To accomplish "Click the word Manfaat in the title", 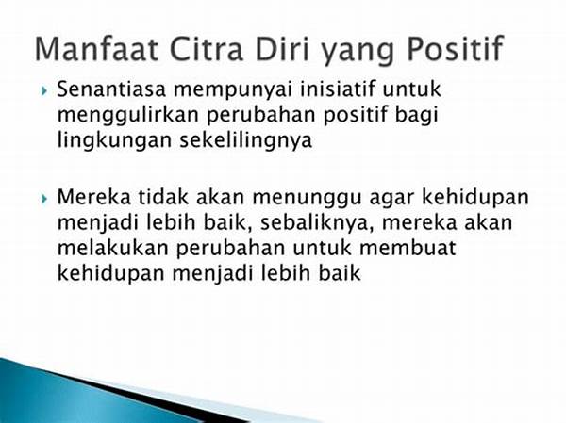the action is pos(97,49).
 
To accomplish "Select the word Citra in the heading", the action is pos(207,49).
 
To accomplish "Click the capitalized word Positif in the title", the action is pos(454,49).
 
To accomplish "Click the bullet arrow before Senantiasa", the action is pos(44,90).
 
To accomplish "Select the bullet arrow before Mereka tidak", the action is pos(44,199).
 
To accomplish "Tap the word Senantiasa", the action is pos(111,89).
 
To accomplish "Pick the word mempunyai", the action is pos(232,91).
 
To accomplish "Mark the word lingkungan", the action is pos(114,141).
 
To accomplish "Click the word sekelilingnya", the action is pos(246,141).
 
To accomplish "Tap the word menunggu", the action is pos(307,200).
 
